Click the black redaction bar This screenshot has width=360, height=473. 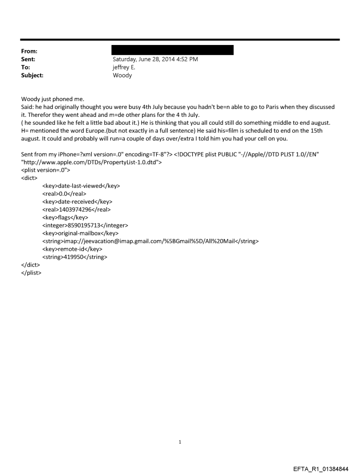172,50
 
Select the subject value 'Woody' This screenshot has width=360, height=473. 122,75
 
